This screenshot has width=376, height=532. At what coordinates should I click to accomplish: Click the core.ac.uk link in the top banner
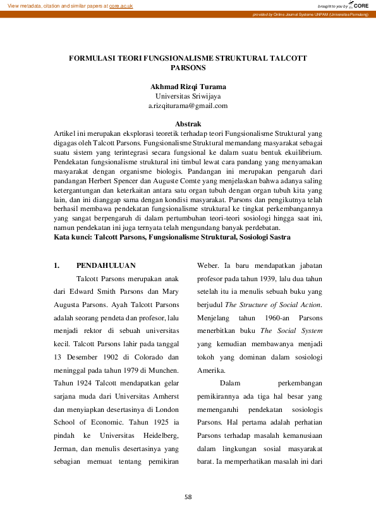point(121,5)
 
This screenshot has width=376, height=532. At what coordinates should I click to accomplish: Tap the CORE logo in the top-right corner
point(359,4)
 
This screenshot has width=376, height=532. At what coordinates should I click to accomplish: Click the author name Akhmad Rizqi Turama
point(188,86)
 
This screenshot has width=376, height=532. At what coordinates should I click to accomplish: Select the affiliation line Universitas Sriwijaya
point(188,96)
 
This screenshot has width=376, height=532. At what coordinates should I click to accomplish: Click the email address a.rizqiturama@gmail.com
point(188,106)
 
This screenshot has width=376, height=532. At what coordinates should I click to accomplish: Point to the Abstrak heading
point(188,124)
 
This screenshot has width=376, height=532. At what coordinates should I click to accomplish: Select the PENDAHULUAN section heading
point(106,265)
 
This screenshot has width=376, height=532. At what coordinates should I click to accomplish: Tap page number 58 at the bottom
point(188,497)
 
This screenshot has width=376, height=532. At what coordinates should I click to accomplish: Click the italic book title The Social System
point(291,330)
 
